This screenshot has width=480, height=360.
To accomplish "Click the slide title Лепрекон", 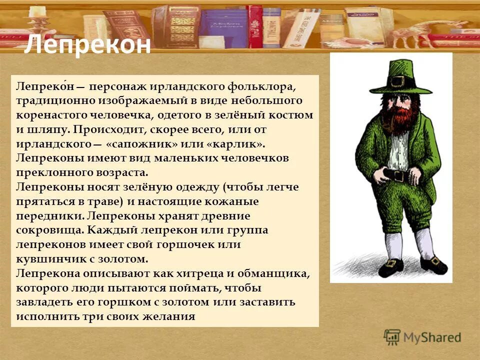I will pyautogui.click(x=87, y=45).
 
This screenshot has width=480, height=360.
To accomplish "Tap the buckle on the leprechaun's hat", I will pyautogui.click(x=398, y=81).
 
